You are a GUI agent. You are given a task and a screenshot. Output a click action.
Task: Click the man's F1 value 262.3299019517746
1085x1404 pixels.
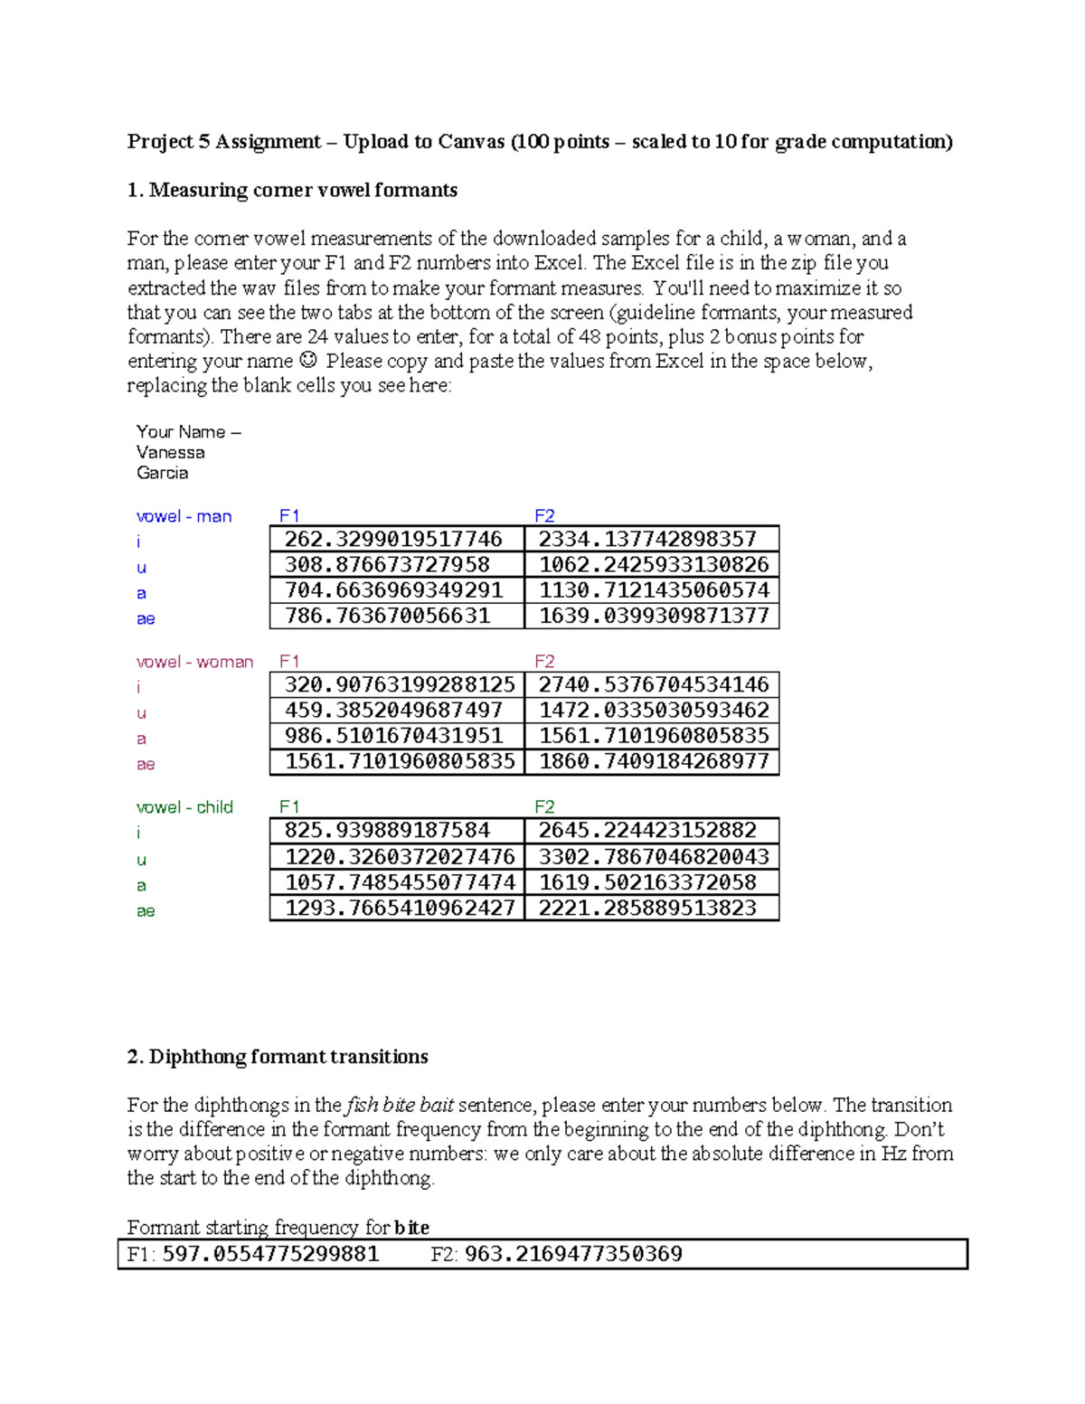tap(393, 540)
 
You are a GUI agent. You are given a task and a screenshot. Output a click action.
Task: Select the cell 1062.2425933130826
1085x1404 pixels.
tap(653, 565)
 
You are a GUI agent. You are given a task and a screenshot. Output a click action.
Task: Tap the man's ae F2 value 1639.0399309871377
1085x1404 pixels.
tap(653, 616)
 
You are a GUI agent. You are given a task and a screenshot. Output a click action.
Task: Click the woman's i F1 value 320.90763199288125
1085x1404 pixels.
tap(399, 684)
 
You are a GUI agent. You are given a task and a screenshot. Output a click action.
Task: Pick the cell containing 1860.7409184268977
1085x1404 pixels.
tap(653, 761)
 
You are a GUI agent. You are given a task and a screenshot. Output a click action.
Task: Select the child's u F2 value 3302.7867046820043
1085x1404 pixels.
tap(653, 856)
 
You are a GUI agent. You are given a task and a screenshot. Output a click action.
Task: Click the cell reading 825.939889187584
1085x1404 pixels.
tap(387, 830)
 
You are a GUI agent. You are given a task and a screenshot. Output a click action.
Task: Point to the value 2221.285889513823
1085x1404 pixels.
tap(647, 908)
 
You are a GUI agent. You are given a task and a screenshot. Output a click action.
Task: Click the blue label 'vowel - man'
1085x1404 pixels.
tap(184, 516)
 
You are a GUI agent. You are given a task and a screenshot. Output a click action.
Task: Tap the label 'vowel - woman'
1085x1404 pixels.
tap(194, 662)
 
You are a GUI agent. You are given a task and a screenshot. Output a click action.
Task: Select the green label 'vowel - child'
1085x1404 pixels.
tap(184, 807)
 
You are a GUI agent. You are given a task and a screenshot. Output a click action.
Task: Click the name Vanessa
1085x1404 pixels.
tap(170, 452)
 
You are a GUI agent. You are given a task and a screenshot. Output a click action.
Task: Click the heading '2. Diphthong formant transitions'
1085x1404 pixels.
tap(278, 1057)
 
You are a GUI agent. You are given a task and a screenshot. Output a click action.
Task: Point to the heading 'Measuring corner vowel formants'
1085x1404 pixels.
tap(303, 190)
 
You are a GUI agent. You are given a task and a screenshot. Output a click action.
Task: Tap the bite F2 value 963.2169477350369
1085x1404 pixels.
tap(572, 1254)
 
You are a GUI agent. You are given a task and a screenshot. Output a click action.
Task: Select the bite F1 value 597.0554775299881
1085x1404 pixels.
tap(269, 1254)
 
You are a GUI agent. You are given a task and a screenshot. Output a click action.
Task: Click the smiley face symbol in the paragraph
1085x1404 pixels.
tap(308, 360)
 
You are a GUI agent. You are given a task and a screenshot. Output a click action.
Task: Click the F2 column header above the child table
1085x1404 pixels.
tap(544, 806)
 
